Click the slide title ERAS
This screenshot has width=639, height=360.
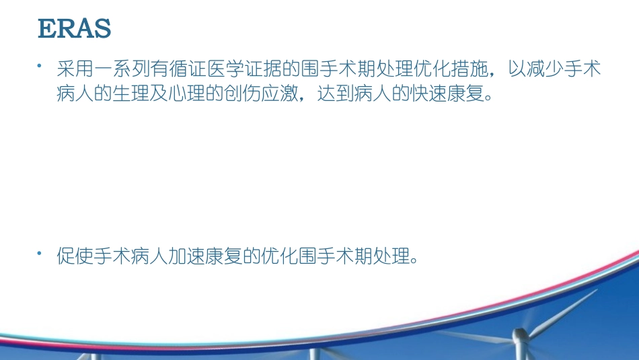point(74,30)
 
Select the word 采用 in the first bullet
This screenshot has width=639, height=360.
point(73,69)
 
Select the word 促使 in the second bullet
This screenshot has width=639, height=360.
point(73,256)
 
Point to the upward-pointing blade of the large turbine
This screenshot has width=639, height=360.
point(558,310)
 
